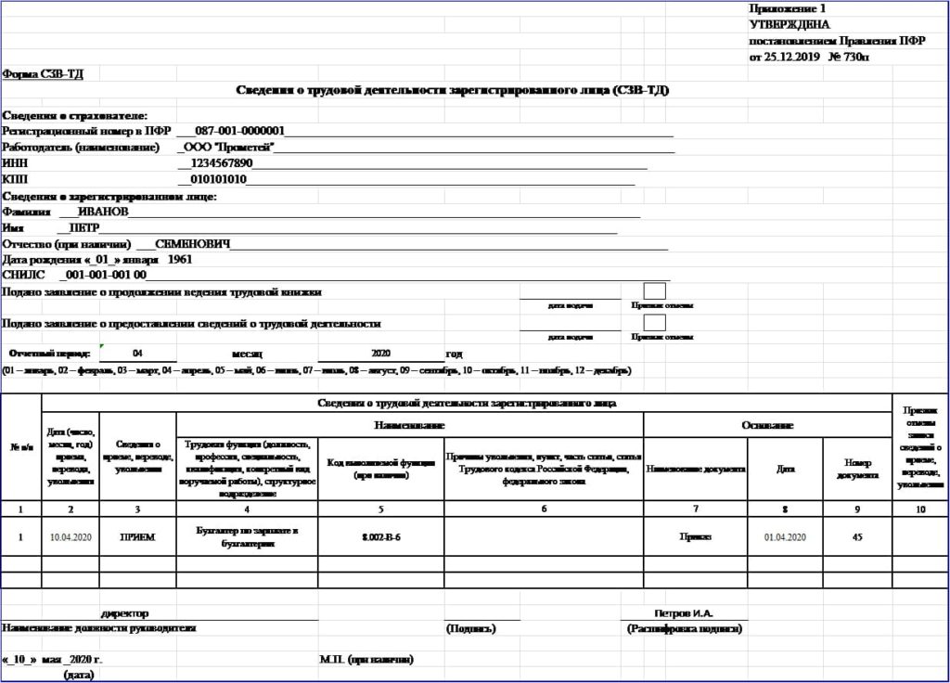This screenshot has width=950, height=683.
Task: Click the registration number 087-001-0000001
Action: pyautogui.click(x=239, y=132)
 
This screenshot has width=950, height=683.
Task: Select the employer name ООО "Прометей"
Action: pyautogui.click(x=229, y=148)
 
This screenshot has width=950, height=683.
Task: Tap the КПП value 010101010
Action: pyautogui.click(x=218, y=179)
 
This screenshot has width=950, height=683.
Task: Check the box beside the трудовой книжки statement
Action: pyautogui.click(x=654, y=290)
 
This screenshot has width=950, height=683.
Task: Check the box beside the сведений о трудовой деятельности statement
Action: pyautogui.click(x=654, y=323)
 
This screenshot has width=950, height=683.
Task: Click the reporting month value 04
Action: pyautogui.click(x=137, y=354)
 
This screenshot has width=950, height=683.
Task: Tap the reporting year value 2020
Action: pyautogui.click(x=381, y=354)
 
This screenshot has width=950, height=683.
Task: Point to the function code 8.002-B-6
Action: pyautogui.click(x=380, y=536)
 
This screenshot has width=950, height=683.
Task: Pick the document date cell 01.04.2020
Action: pyautogui.click(x=785, y=537)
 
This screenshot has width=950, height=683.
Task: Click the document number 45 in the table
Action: pyautogui.click(x=857, y=536)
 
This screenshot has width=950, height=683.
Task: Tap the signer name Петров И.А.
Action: pyautogui.click(x=684, y=613)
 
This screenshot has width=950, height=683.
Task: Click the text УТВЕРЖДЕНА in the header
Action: pyautogui.click(x=790, y=25)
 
